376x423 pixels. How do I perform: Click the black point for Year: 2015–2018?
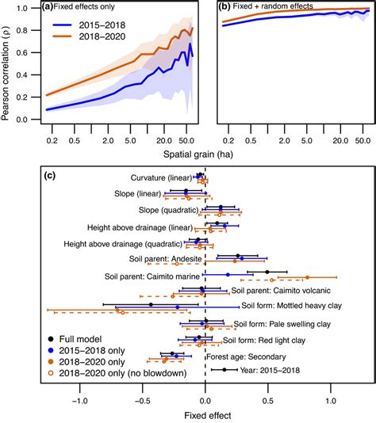coord(224,369)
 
